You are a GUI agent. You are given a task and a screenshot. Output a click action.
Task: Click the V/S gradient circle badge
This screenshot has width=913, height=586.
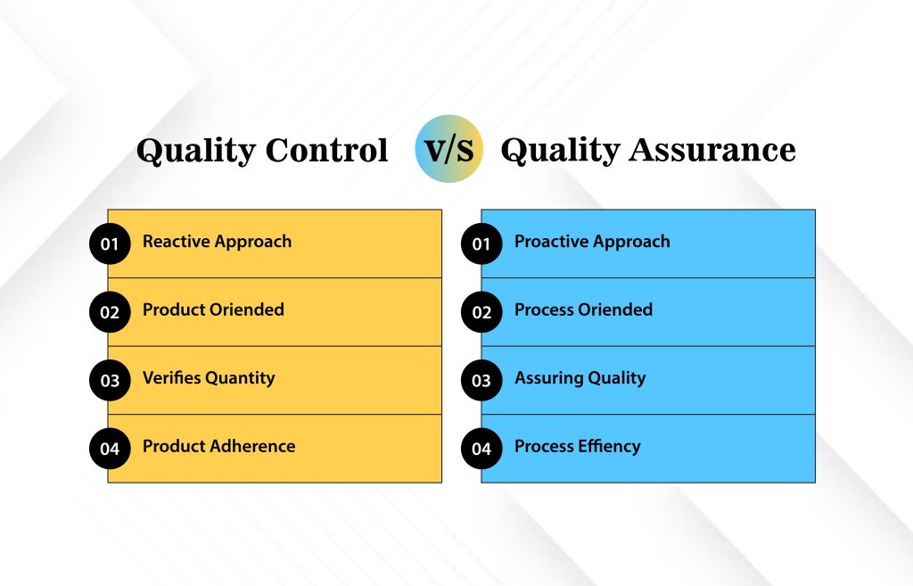click(449, 149)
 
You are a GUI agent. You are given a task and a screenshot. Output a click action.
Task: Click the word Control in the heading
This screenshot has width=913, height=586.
click(326, 150)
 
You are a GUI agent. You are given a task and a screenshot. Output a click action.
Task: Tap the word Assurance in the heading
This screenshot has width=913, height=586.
click(712, 150)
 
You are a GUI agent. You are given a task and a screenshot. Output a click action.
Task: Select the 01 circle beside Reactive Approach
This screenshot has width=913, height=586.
click(110, 243)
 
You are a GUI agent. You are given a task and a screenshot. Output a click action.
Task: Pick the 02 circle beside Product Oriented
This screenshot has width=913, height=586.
click(110, 312)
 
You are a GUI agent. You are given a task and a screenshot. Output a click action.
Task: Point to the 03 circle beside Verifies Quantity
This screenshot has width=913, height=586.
click(110, 380)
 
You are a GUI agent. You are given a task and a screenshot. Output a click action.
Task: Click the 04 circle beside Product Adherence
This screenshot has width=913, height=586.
click(110, 449)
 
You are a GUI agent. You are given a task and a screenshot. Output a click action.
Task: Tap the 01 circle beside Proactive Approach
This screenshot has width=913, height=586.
click(481, 243)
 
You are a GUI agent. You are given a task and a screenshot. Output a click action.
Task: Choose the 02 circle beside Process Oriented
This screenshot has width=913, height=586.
click(481, 312)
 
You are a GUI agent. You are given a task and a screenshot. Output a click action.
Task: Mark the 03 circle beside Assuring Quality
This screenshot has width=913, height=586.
click(481, 380)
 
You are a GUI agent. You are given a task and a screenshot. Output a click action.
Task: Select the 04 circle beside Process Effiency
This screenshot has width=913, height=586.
click(481, 449)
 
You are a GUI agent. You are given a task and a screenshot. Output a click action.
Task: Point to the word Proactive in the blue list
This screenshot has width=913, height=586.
click(550, 241)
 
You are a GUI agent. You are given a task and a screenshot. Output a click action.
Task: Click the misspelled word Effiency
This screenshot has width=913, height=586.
click(610, 447)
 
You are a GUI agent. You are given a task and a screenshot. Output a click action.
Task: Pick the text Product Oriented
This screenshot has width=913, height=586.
click(214, 310)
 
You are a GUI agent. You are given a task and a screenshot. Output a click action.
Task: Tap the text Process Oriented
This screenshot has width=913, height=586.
click(583, 310)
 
